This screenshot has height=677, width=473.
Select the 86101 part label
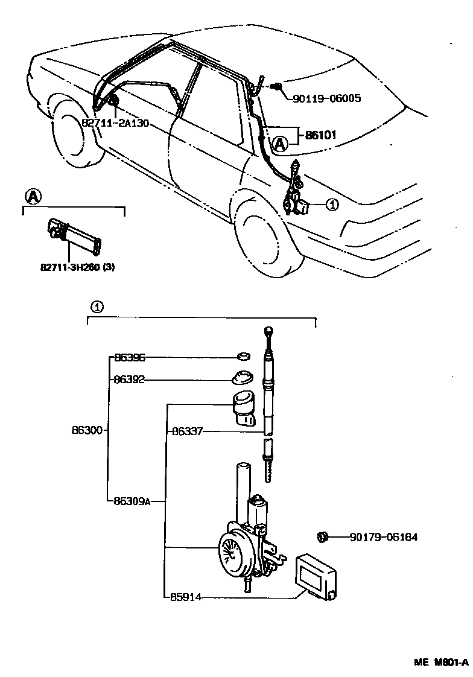click(320, 135)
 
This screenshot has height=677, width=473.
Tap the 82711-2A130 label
click(114, 122)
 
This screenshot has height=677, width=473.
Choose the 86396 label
click(130, 358)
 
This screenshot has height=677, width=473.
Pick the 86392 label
click(130, 380)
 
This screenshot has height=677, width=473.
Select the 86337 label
click(187, 431)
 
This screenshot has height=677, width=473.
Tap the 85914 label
click(187, 597)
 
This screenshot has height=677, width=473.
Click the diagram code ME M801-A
click(440, 662)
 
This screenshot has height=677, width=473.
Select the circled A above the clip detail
click(33, 196)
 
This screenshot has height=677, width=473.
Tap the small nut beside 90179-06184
click(322, 536)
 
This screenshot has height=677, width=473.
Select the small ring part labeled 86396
click(243, 357)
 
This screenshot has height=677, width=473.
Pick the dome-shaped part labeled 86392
click(242, 377)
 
